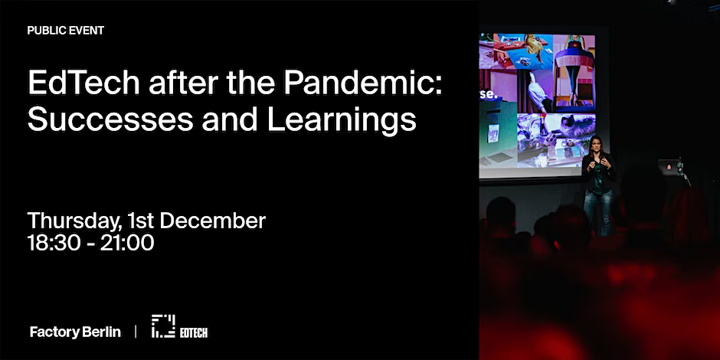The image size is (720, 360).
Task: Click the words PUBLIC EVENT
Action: [66, 31]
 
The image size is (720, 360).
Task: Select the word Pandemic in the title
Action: [362, 83]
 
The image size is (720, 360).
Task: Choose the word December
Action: [213, 221]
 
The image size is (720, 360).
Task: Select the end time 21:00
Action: [128, 243]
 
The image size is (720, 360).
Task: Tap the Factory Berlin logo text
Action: [76, 332]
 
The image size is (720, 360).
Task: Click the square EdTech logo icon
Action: [163, 326]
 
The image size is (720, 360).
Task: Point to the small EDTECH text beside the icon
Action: [194, 333]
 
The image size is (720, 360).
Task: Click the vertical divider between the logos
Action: [136, 332]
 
